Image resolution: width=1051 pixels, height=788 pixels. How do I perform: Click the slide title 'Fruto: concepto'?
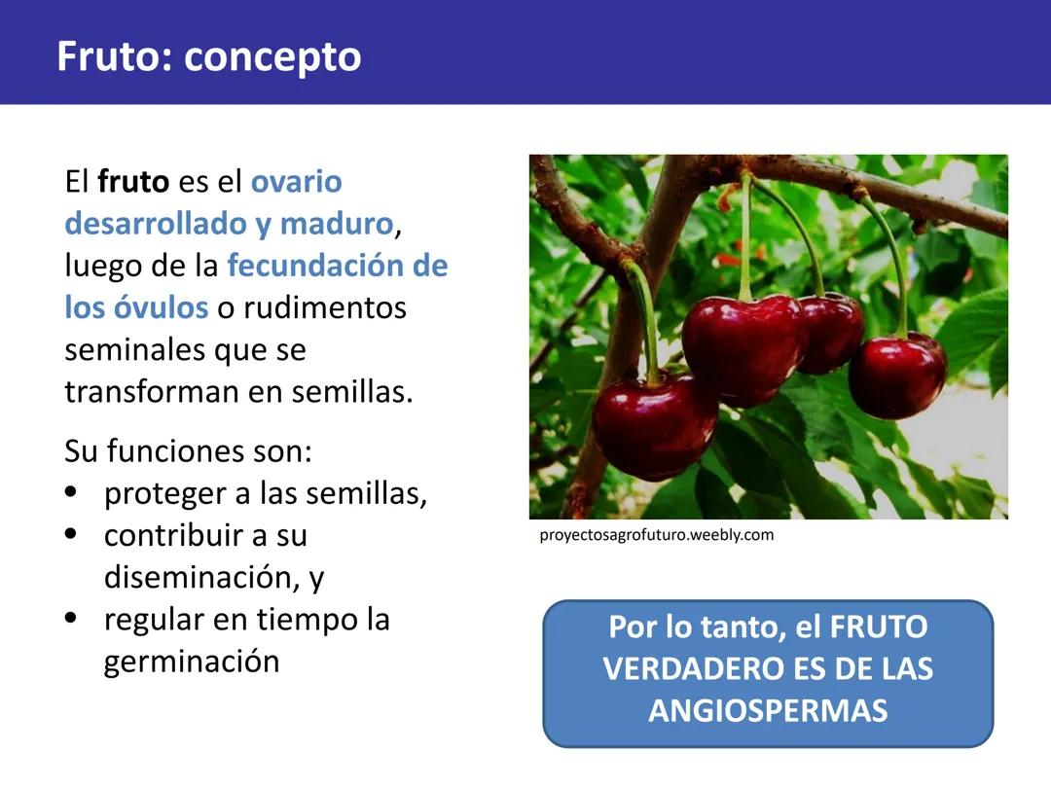(208, 56)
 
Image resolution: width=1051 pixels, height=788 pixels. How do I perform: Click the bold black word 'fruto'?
(133, 182)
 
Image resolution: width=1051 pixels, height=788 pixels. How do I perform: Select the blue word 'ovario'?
(297, 182)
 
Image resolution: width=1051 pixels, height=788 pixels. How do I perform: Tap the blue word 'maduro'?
(336, 224)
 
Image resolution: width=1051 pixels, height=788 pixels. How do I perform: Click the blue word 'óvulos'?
(161, 307)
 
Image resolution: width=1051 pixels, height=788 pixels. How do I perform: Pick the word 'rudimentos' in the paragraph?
(325, 307)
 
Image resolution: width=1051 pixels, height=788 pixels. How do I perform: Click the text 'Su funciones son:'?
(188, 451)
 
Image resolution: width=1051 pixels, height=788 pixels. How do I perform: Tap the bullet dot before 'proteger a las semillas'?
(70, 492)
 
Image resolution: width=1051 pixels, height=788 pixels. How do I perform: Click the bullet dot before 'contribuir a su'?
(70, 534)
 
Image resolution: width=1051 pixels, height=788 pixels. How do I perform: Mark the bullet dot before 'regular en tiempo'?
(70, 619)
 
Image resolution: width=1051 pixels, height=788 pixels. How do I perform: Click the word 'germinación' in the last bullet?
(192, 662)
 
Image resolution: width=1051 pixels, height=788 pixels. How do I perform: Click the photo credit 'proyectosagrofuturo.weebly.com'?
(657, 535)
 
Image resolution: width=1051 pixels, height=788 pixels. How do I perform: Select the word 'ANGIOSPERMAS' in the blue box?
(768, 710)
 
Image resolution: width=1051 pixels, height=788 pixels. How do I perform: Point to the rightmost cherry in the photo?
(897, 376)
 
